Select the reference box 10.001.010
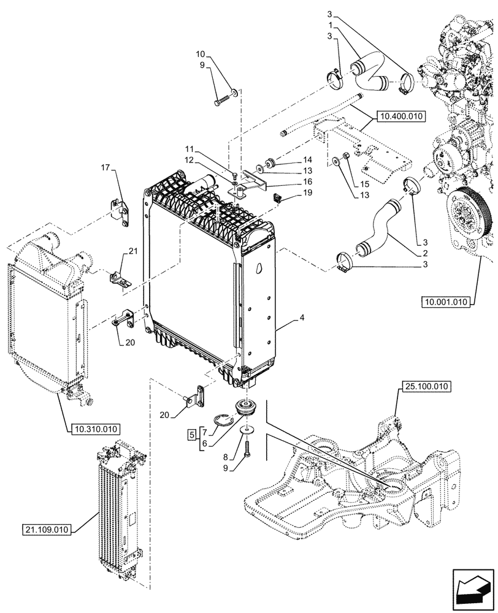[x=445, y=302]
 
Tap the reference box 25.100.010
[x=426, y=387]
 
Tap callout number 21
[x=131, y=250]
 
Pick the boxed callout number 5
[x=192, y=435]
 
